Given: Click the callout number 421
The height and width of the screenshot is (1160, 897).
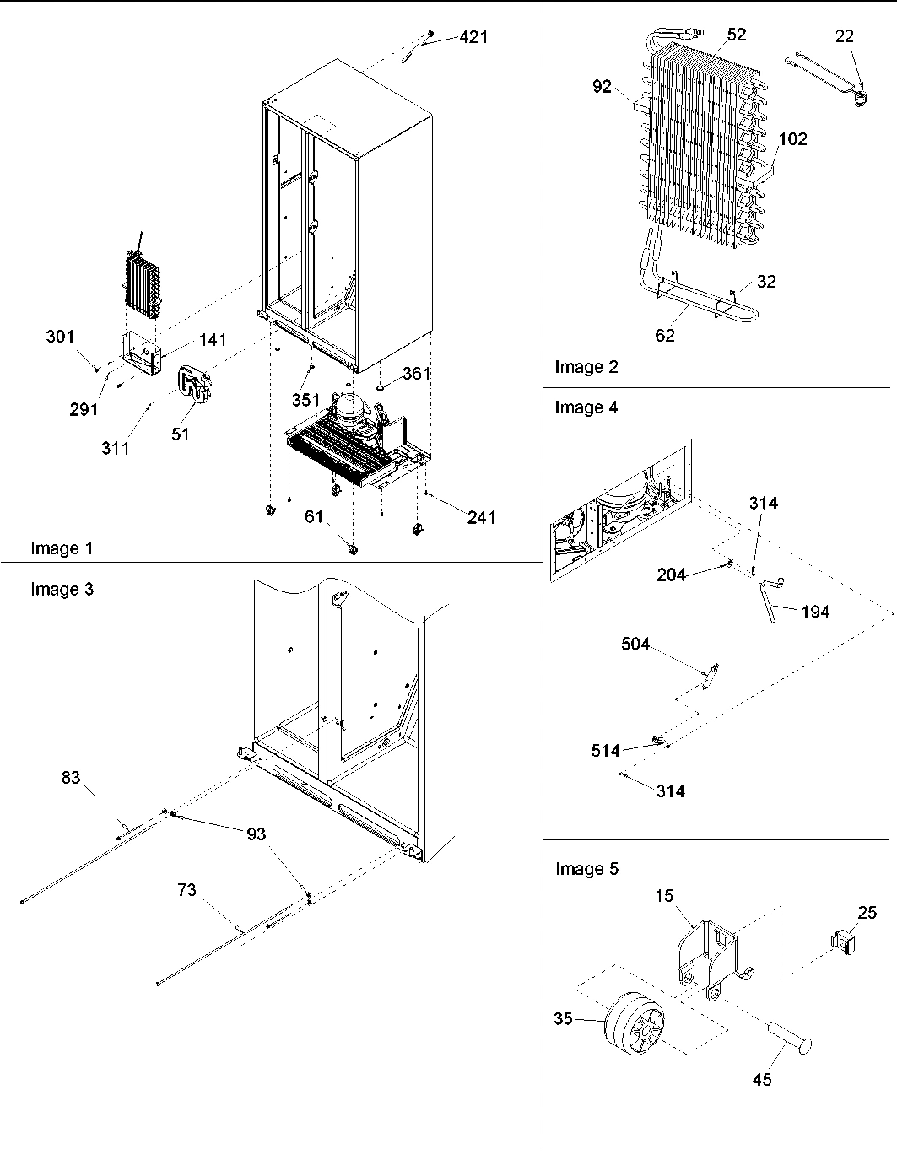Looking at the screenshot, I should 473,37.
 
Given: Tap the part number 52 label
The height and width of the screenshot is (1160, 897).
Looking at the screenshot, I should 736,34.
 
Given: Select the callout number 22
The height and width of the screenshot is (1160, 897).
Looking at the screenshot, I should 844,36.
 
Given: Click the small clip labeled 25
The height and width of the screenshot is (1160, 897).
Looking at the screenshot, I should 841,941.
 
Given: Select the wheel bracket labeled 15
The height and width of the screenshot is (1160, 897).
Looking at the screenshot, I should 707,953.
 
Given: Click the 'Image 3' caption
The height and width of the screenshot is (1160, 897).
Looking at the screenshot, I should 62,589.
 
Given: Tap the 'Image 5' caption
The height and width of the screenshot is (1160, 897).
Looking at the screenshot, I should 586,869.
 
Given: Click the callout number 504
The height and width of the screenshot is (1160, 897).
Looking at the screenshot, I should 635,645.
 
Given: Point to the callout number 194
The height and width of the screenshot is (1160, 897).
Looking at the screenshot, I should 815,612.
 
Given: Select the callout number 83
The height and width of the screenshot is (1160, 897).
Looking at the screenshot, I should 70,777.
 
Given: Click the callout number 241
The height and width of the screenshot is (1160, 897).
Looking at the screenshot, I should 481,517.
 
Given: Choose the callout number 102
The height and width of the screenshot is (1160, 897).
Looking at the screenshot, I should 792,139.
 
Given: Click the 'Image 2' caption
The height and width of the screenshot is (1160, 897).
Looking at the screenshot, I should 586,366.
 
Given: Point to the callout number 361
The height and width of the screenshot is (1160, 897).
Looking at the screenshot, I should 417,373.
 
